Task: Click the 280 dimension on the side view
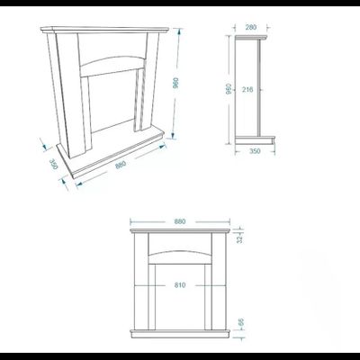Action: [x=251, y=27]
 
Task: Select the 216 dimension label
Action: [x=247, y=89]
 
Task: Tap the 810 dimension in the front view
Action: [x=180, y=285]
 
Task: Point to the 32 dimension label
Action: [x=239, y=238]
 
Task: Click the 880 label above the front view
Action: [x=180, y=221]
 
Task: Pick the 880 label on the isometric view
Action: [x=121, y=165]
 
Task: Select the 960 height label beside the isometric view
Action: [x=175, y=83]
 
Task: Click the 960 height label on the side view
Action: [x=229, y=89]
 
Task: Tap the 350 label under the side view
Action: [x=255, y=151]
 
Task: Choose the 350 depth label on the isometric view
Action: [x=53, y=164]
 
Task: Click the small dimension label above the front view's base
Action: [x=240, y=322]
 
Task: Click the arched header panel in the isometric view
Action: [x=112, y=64]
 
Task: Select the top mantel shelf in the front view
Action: [x=180, y=230]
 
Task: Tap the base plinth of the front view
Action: [x=180, y=333]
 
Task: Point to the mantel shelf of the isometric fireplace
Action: [x=105, y=30]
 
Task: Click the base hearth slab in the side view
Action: [x=255, y=139]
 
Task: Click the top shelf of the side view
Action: [x=251, y=38]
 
